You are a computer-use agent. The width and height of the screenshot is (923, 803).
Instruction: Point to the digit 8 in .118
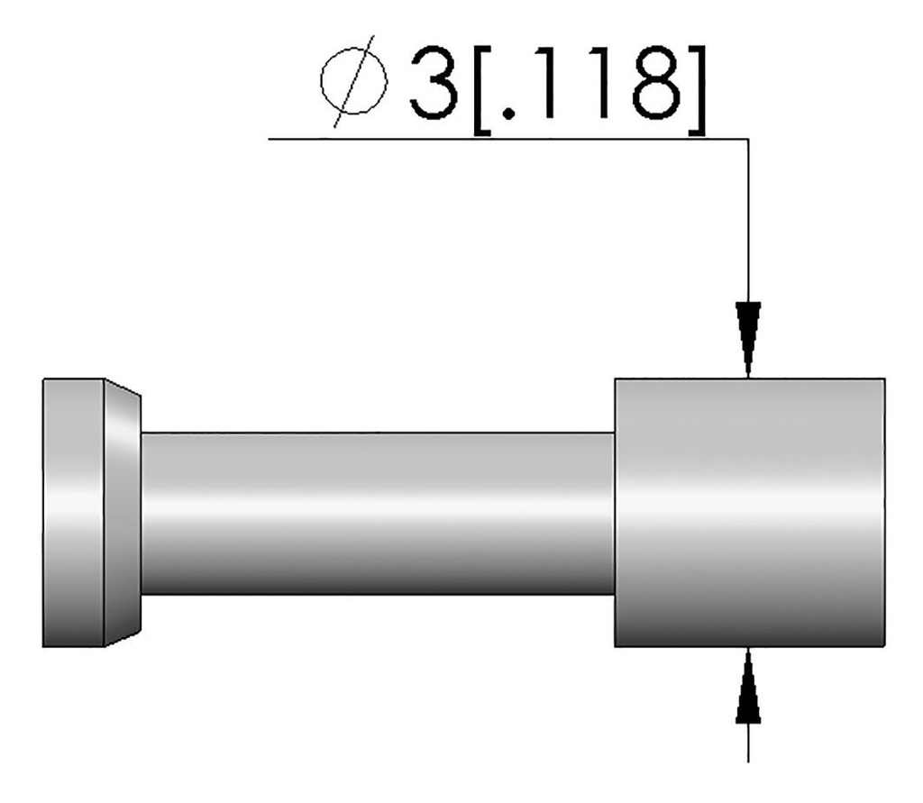[651, 82]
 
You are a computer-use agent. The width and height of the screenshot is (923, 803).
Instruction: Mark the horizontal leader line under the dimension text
[505, 139]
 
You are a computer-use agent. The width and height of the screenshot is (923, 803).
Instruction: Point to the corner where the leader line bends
[748, 139]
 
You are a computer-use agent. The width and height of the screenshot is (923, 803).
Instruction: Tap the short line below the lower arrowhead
[748, 743]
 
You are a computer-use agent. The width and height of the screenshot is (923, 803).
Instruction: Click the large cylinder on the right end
[748, 512]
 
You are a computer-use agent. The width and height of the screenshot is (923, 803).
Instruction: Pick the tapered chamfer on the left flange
[122, 512]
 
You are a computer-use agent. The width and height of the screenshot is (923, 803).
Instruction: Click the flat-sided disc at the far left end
[73, 512]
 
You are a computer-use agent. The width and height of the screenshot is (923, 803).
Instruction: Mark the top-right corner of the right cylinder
[883, 379]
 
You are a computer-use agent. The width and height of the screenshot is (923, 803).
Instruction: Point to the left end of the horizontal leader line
[270, 139]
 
